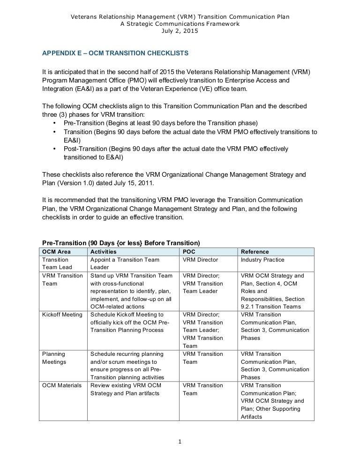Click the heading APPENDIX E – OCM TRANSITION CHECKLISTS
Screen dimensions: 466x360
pos(115,54)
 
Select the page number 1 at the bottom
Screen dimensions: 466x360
pos(180,442)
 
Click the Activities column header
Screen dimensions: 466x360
pos(104,252)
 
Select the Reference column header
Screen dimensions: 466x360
pos(255,252)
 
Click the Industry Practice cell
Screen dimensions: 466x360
pos(262,260)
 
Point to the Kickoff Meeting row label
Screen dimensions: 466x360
pos(62,315)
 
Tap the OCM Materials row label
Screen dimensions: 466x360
pos(61,385)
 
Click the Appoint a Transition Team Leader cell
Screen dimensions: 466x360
pos(125,263)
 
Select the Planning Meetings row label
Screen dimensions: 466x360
pos(54,358)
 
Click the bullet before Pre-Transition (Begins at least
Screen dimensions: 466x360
pos(55,123)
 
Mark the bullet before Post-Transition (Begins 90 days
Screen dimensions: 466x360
pos(55,149)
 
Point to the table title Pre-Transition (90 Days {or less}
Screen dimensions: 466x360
pos(121,243)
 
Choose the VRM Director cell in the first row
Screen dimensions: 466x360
pos(200,260)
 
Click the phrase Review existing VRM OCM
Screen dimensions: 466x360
pos(126,385)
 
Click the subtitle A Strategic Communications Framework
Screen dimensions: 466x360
pos(180,24)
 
